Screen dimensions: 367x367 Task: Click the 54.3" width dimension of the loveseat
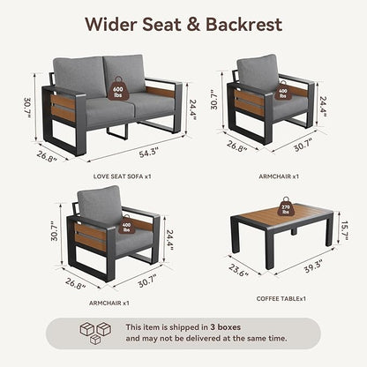[149, 153]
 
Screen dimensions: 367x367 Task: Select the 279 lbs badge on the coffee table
[286, 207]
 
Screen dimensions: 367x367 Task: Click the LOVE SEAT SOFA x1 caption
[122, 176]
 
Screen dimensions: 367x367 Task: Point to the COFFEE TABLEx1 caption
[281, 298]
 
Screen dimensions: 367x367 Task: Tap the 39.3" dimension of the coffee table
[313, 266]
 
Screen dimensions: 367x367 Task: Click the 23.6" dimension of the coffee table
[239, 270]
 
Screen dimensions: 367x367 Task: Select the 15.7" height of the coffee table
[344, 230]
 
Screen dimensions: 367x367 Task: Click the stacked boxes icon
[95, 333]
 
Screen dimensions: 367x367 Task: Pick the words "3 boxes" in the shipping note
[225, 327]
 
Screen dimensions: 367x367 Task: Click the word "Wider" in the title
[111, 24]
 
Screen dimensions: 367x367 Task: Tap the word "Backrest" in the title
[243, 24]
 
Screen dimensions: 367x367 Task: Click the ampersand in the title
[193, 25]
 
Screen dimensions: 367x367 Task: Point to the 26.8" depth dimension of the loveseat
[47, 156]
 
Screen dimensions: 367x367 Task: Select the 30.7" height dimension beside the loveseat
[27, 108]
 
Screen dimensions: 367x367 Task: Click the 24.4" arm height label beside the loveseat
[192, 109]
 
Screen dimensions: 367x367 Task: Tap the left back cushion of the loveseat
[79, 77]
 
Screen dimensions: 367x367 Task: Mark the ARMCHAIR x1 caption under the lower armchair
[109, 303]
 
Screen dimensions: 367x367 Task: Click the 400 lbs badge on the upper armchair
[282, 92]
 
